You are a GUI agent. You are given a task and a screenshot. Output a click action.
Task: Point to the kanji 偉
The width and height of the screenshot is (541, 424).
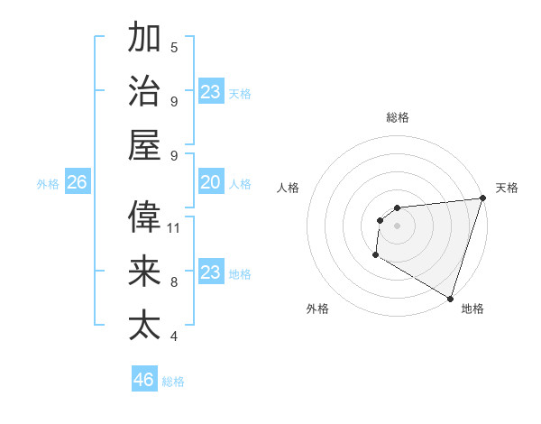(144, 217)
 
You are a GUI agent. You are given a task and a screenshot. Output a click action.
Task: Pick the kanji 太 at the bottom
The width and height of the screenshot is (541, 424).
(144, 323)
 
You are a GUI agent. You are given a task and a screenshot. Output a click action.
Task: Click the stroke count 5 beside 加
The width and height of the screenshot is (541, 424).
(174, 48)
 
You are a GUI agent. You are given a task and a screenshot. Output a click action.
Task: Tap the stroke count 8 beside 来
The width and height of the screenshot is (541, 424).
(174, 282)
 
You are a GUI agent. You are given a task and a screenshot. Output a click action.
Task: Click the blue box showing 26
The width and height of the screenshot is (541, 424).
(77, 183)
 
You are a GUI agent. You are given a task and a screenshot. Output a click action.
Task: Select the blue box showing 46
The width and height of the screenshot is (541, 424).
(144, 380)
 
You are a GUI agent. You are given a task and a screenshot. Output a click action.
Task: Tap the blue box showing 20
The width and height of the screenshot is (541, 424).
(211, 183)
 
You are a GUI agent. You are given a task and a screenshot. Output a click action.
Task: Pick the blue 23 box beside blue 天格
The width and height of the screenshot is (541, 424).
(211, 92)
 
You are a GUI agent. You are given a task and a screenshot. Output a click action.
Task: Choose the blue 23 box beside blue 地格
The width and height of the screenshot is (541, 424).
(211, 272)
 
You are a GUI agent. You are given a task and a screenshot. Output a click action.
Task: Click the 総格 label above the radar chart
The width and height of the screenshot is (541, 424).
(398, 117)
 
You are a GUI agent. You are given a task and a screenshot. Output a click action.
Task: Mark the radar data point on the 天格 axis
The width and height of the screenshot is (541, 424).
(482, 199)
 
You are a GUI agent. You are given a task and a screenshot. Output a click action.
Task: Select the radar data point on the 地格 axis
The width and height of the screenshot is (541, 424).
(450, 298)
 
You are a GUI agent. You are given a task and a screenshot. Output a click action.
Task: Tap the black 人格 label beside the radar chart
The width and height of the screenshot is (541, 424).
(289, 188)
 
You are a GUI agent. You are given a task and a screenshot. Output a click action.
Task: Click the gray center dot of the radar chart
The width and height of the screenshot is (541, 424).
(397, 226)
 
